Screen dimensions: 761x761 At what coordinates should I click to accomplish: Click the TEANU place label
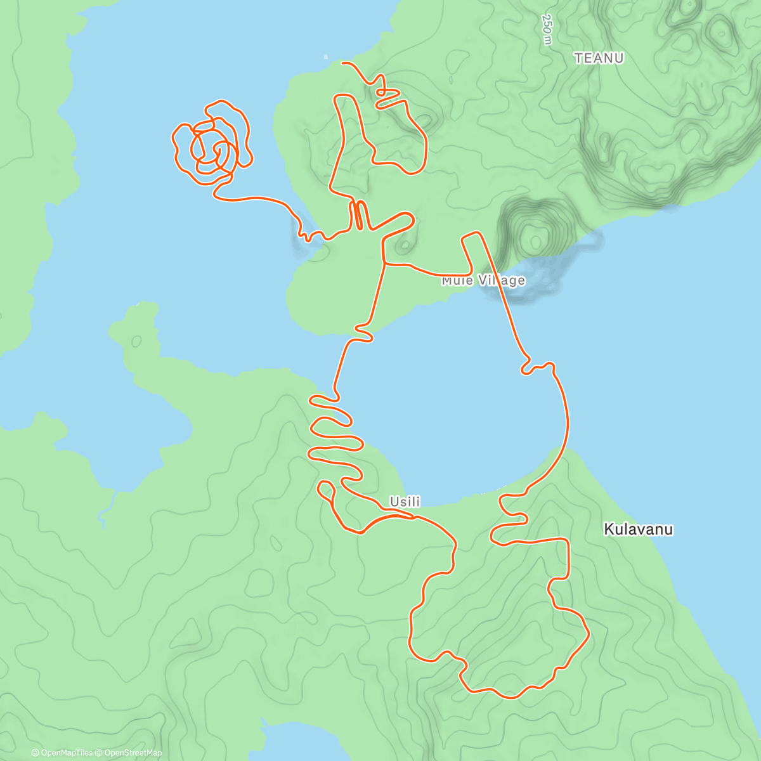point(599,58)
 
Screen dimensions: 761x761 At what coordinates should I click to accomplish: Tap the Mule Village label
point(483,280)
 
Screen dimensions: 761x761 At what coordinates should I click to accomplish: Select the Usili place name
point(405,502)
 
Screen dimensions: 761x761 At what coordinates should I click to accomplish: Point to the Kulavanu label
point(638,529)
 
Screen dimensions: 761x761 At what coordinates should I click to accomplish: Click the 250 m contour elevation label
point(547,29)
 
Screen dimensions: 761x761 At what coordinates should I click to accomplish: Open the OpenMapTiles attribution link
point(62,753)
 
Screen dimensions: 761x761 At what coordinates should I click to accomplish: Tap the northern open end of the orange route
point(343,63)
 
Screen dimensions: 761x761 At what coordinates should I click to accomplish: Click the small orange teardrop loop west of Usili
point(326,489)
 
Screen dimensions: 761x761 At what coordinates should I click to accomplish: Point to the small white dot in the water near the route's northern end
point(326,56)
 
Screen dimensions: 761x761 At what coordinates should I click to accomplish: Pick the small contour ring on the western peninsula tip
point(137,341)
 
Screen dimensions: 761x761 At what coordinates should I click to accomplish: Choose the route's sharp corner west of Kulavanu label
point(566,540)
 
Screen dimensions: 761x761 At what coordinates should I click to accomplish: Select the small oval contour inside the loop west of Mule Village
point(405,244)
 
